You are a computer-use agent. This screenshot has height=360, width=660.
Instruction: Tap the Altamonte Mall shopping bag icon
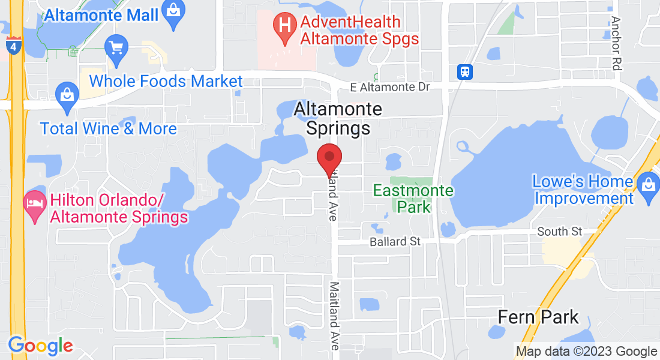[x=173, y=13]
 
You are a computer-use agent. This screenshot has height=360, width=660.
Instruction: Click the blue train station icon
[x=465, y=72]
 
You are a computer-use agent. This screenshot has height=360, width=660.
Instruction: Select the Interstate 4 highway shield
[x=13, y=45]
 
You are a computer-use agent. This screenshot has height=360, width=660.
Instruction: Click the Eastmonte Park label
[x=413, y=199]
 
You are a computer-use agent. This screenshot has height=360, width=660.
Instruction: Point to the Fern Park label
[x=538, y=317]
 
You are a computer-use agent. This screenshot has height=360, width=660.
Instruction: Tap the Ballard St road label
[x=395, y=242]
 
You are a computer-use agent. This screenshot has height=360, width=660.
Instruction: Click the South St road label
[x=560, y=232]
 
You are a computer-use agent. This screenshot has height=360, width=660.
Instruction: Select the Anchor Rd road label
[x=616, y=43]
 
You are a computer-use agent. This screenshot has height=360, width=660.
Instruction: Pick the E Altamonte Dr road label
[x=390, y=88]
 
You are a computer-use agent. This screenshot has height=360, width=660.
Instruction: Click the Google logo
[x=40, y=346]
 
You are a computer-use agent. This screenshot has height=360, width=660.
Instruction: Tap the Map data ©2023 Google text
[x=586, y=352]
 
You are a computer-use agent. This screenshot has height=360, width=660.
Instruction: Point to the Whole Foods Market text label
[x=166, y=81]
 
